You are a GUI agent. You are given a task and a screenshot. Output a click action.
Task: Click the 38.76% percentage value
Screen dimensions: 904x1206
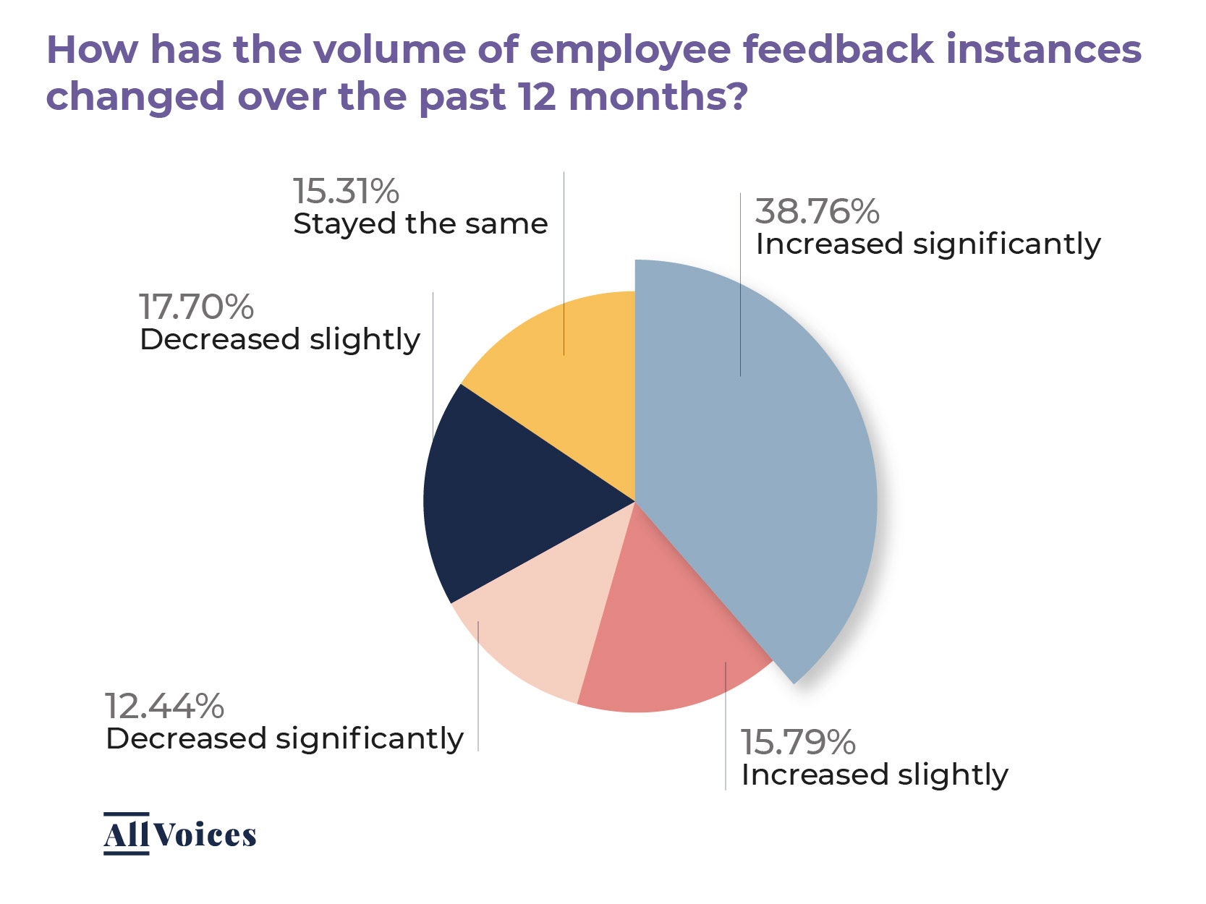coord(817,211)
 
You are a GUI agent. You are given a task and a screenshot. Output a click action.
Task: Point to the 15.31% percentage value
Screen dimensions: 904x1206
coord(346,192)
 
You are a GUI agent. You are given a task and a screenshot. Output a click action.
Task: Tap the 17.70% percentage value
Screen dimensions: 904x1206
coord(196,307)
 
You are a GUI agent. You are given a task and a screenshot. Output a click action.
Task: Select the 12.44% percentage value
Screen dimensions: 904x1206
coord(165,706)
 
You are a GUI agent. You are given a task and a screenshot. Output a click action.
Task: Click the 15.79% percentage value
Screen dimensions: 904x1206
coord(798,742)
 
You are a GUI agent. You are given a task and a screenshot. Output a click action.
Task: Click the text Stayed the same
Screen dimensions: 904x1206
coord(420,224)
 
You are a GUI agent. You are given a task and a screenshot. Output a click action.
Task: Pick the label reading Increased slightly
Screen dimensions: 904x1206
coord(874,775)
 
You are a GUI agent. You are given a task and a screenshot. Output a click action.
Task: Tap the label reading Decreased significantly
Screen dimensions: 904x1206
coord(284,739)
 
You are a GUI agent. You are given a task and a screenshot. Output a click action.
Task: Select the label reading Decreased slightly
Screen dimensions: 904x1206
coord(279,339)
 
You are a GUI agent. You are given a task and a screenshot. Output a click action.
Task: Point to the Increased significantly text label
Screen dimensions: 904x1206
coord(927,244)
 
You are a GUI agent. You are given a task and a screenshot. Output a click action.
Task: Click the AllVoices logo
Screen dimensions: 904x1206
coord(179,835)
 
